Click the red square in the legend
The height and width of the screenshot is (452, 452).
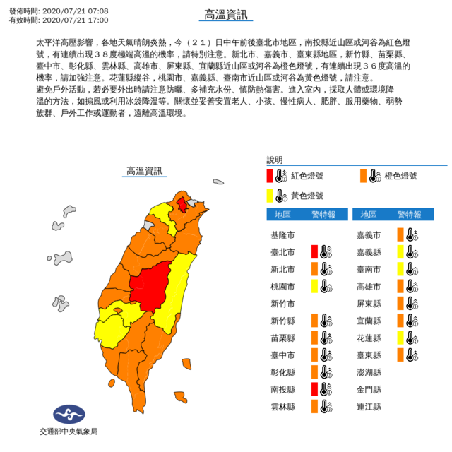click(x=270, y=176)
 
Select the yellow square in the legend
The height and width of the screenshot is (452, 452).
click(x=270, y=196)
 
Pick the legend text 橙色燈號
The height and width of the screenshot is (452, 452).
click(x=402, y=176)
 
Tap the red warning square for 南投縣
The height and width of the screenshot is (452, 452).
click(x=314, y=388)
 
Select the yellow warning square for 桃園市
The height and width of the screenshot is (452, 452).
click(x=314, y=285)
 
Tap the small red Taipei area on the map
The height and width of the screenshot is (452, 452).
click(x=182, y=205)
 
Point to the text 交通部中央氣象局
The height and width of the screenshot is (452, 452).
click(x=68, y=431)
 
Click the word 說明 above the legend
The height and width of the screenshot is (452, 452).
click(x=274, y=160)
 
